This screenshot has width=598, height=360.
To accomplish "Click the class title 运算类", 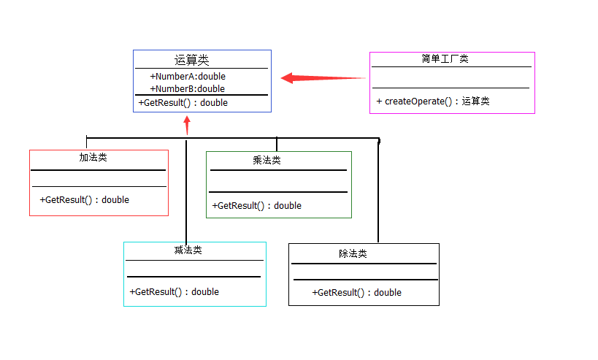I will click(x=192, y=61).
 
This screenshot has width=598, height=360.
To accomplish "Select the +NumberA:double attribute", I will click(x=188, y=77).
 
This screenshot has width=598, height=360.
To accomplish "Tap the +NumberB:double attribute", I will click(x=188, y=89).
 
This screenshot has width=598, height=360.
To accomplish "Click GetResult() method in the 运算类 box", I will click(x=183, y=103).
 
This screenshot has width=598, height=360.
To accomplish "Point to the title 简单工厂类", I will click(x=445, y=59).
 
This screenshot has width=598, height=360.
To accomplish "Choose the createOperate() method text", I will click(x=433, y=102).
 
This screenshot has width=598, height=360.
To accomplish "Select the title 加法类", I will click(x=93, y=157).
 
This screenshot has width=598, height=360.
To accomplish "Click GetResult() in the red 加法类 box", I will click(x=84, y=200).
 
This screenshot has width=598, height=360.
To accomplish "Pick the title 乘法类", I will click(x=267, y=161).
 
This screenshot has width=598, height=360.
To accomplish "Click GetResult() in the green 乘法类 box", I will click(x=256, y=206).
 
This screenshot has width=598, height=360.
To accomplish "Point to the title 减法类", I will click(x=188, y=250).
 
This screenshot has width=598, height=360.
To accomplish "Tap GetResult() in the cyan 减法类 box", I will click(x=174, y=292).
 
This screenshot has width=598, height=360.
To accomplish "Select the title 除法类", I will click(x=353, y=254).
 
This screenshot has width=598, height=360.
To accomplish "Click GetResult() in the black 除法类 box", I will click(x=356, y=293).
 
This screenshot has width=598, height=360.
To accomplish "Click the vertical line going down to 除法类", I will click(x=378, y=190).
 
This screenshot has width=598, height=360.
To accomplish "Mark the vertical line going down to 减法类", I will click(x=186, y=190).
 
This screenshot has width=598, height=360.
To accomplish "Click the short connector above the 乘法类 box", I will click(x=277, y=144).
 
